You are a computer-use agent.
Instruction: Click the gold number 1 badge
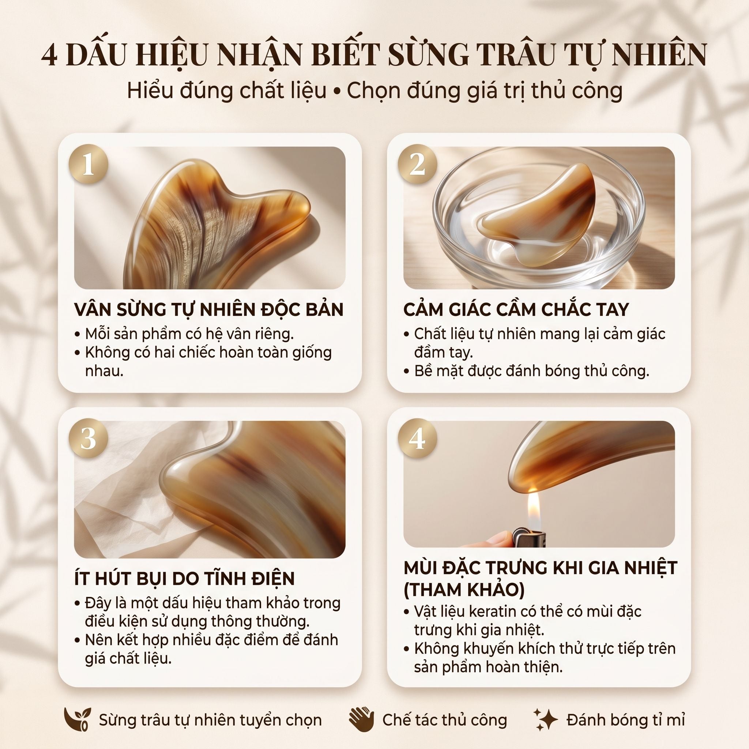89,164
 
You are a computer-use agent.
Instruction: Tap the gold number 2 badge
418,164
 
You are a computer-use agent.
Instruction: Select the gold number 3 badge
89,439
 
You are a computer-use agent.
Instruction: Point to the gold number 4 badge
418,439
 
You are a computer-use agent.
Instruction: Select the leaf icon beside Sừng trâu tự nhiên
77,719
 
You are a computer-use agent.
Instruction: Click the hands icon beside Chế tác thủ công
361,719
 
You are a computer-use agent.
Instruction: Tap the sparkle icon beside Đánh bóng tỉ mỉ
545,719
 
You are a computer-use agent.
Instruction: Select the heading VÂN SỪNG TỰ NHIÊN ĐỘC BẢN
208,309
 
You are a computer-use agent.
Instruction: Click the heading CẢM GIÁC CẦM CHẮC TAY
516,309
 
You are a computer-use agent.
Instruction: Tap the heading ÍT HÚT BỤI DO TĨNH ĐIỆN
185,578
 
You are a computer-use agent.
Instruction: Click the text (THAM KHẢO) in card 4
464,590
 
